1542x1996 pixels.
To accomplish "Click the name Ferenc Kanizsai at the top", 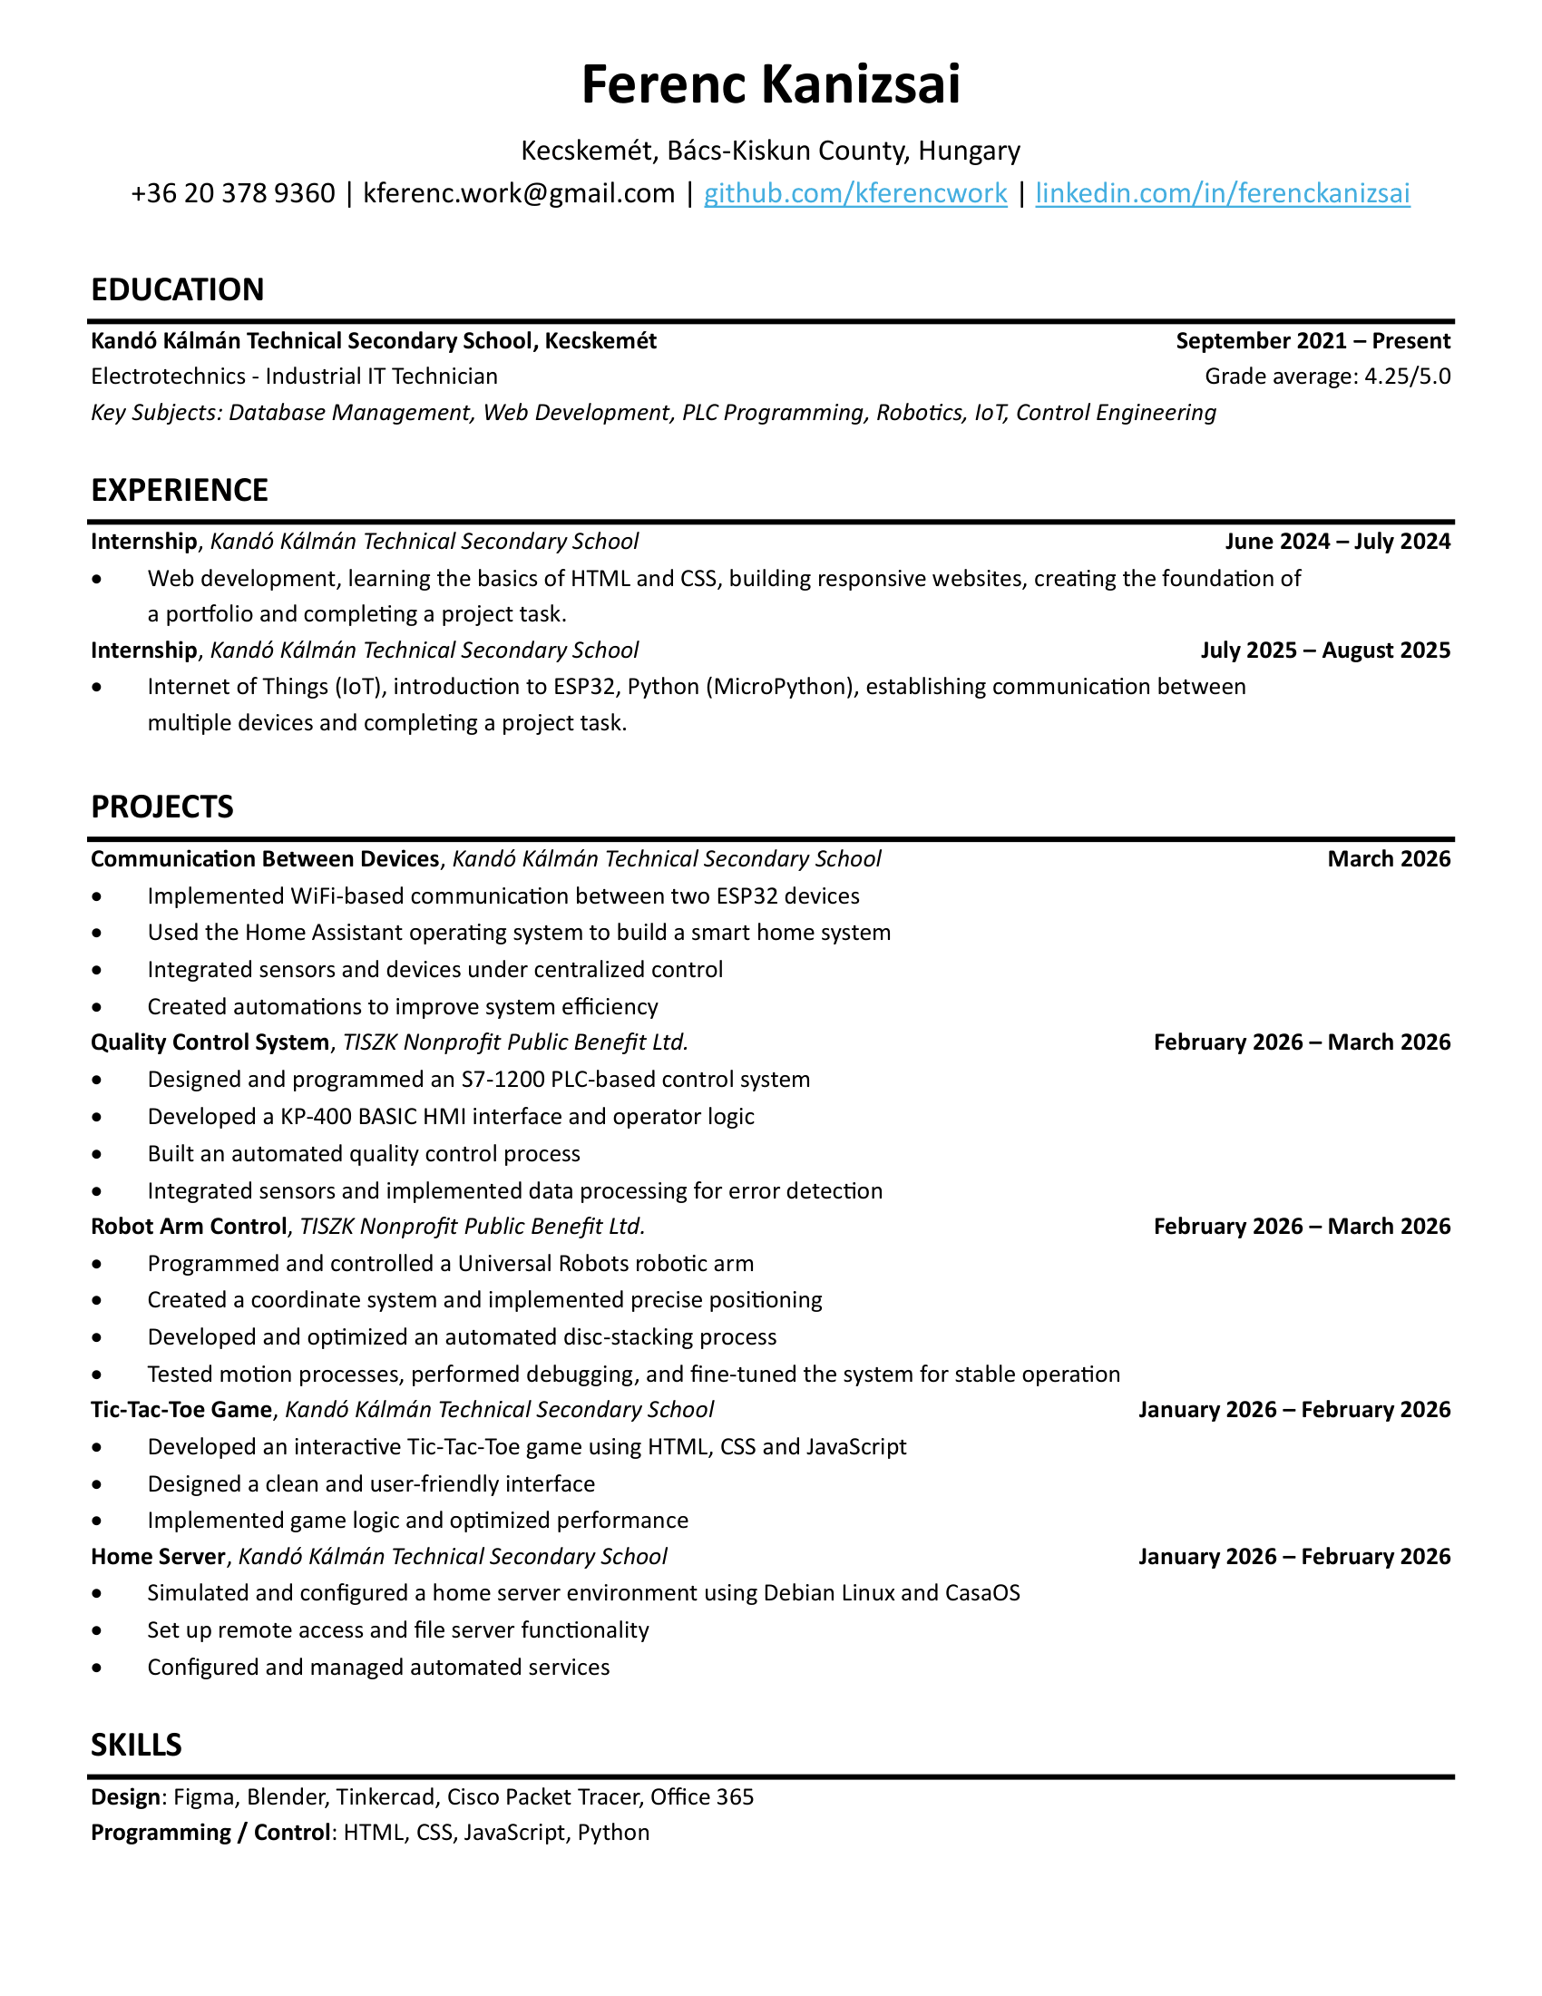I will [x=770, y=84].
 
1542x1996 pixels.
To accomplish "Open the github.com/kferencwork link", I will [x=855, y=193].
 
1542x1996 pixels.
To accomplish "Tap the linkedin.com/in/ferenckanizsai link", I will [x=1223, y=193].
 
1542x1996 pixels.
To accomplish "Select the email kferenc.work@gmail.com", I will [x=519, y=193].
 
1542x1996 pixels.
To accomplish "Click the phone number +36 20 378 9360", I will [x=233, y=193].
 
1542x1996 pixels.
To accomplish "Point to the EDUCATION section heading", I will [x=177, y=289].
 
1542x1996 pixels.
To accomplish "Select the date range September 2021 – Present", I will [x=1313, y=341].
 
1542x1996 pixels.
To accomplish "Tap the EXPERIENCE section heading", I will [x=179, y=491].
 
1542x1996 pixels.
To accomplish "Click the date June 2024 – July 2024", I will [x=1337, y=542].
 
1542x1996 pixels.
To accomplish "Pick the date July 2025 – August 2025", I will [x=1325, y=651].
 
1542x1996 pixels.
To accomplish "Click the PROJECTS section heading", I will [x=161, y=807].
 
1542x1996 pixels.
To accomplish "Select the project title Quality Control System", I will [x=210, y=1042].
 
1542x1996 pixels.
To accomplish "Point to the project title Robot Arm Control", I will [x=188, y=1227].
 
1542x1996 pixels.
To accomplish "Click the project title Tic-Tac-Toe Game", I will [x=181, y=1410].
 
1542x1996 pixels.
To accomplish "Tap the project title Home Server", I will [x=158, y=1556].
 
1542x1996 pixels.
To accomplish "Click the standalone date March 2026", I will [x=1389, y=859].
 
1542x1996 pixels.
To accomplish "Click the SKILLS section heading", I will [x=136, y=1746].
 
